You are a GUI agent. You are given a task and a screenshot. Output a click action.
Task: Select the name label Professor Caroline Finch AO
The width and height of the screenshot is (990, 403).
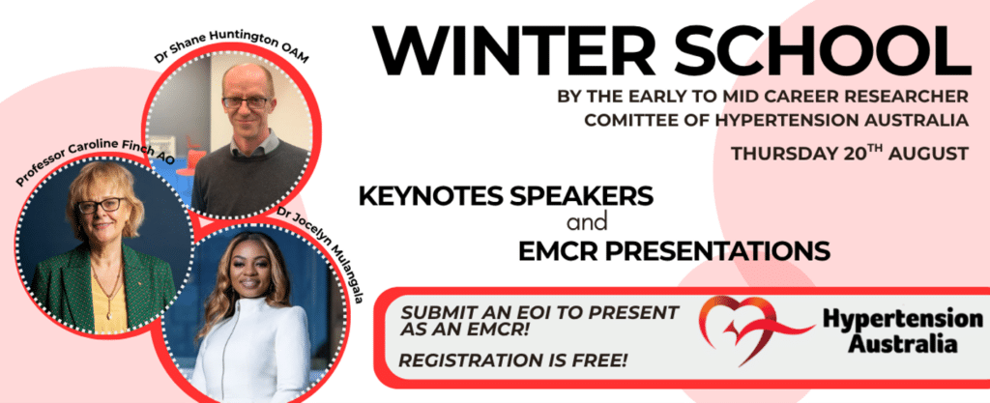[x=95, y=161]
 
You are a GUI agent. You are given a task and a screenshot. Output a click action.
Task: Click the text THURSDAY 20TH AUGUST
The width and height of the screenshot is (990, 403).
[x=849, y=154]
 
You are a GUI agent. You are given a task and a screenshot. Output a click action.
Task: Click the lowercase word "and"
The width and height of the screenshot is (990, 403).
[x=587, y=222]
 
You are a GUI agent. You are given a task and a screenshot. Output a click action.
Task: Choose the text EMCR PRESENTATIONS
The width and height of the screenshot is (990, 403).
[x=674, y=250]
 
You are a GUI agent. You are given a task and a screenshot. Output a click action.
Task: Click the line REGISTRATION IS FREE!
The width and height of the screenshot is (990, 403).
[x=513, y=360]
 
